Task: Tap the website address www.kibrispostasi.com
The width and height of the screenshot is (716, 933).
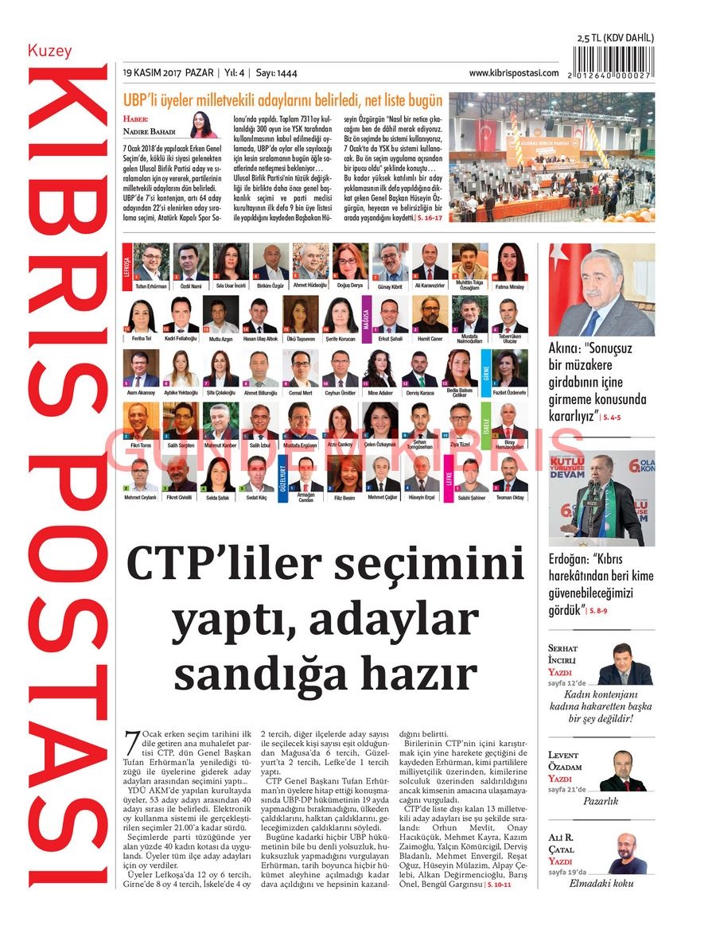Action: pos(513,73)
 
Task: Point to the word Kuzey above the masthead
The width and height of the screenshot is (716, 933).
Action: pos(49,51)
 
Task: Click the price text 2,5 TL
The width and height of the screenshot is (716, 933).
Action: pos(590,38)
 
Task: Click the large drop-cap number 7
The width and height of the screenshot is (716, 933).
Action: pos(133,744)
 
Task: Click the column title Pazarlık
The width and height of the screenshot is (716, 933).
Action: pos(601,802)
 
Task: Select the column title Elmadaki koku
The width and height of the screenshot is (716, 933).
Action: pos(601,883)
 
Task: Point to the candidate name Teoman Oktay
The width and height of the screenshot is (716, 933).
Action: pos(509,497)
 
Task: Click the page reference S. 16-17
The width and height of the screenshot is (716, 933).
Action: pos(432,216)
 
